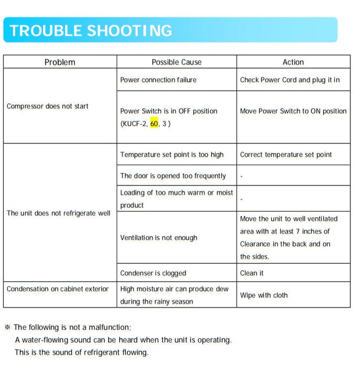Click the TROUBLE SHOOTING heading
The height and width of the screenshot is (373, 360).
click(x=91, y=30)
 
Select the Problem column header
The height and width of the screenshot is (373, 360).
click(x=60, y=62)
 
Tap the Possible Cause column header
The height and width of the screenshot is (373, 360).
click(x=176, y=62)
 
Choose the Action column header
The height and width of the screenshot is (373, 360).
click(x=293, y=62)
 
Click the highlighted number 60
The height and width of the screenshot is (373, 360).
click(x=154, y=124)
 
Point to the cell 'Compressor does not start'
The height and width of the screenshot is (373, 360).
click(x=47, y=106)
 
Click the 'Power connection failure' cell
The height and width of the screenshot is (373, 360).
click(x=158, y=80)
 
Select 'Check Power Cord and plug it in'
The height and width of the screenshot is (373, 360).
click(x=290, y=80)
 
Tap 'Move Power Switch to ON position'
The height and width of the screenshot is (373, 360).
click(x=293, y=111)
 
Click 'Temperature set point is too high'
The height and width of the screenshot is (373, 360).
click(x=172, y=155)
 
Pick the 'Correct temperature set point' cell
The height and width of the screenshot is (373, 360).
click(x=285, y=155)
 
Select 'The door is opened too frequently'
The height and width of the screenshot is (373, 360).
click(x=173, y=176)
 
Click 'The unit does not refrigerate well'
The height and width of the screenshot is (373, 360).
click(x=59, y=213)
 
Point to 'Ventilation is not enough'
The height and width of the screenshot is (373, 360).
click(x=159, y=238)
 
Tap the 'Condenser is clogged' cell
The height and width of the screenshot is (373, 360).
click(x=153, y=273)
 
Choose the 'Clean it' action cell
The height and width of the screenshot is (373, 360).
click(x=252, y=273)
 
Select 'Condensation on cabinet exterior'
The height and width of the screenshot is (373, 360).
click(x=58, y=289)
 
